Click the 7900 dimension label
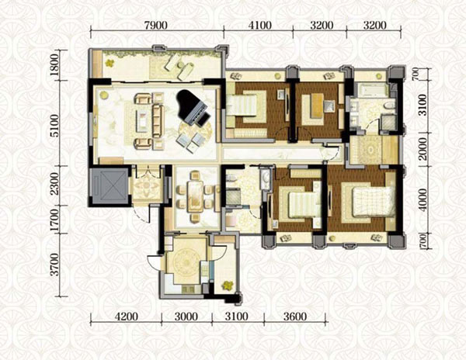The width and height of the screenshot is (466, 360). [156, 26]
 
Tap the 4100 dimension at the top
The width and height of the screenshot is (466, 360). [260, 26]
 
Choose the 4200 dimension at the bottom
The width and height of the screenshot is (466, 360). [127, 317]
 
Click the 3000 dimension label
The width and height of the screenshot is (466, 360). [186, 317]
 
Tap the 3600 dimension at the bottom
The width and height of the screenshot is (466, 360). [295, 317]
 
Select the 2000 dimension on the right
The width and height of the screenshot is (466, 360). [423, 149]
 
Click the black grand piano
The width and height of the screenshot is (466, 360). [192, 107]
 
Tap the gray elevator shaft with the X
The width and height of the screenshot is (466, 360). [110, 186]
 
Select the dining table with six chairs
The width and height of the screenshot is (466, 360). [195, 196]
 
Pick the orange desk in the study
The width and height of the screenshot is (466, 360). [317, 106]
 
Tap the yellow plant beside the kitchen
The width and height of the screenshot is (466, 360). [228, 286]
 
